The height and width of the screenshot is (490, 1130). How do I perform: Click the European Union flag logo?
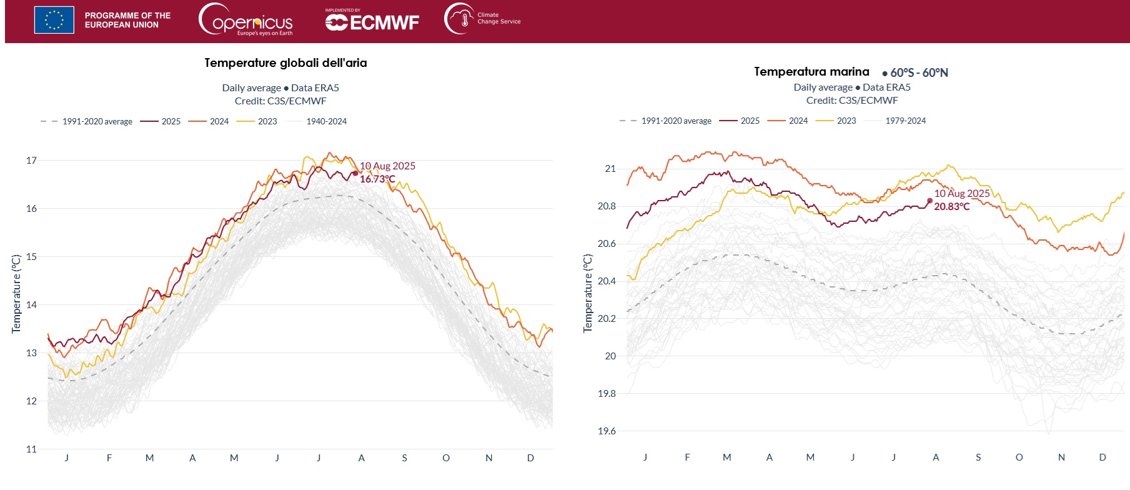54,20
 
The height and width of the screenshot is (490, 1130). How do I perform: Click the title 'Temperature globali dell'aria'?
285,63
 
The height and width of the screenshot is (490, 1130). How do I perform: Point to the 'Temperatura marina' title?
811,72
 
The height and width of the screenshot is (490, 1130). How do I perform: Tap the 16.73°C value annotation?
377,179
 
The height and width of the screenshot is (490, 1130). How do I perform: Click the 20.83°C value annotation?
951,207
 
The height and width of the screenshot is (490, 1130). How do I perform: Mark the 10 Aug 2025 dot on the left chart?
355,173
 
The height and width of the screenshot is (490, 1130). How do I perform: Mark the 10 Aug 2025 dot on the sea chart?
929,201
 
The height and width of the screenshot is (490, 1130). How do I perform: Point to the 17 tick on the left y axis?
31,161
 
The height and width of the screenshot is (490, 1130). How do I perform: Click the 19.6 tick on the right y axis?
607,431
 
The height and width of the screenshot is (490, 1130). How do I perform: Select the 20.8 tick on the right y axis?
607,206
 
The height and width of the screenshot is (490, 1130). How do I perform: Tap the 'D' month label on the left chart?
530,458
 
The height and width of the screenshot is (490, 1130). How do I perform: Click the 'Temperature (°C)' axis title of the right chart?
587,293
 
